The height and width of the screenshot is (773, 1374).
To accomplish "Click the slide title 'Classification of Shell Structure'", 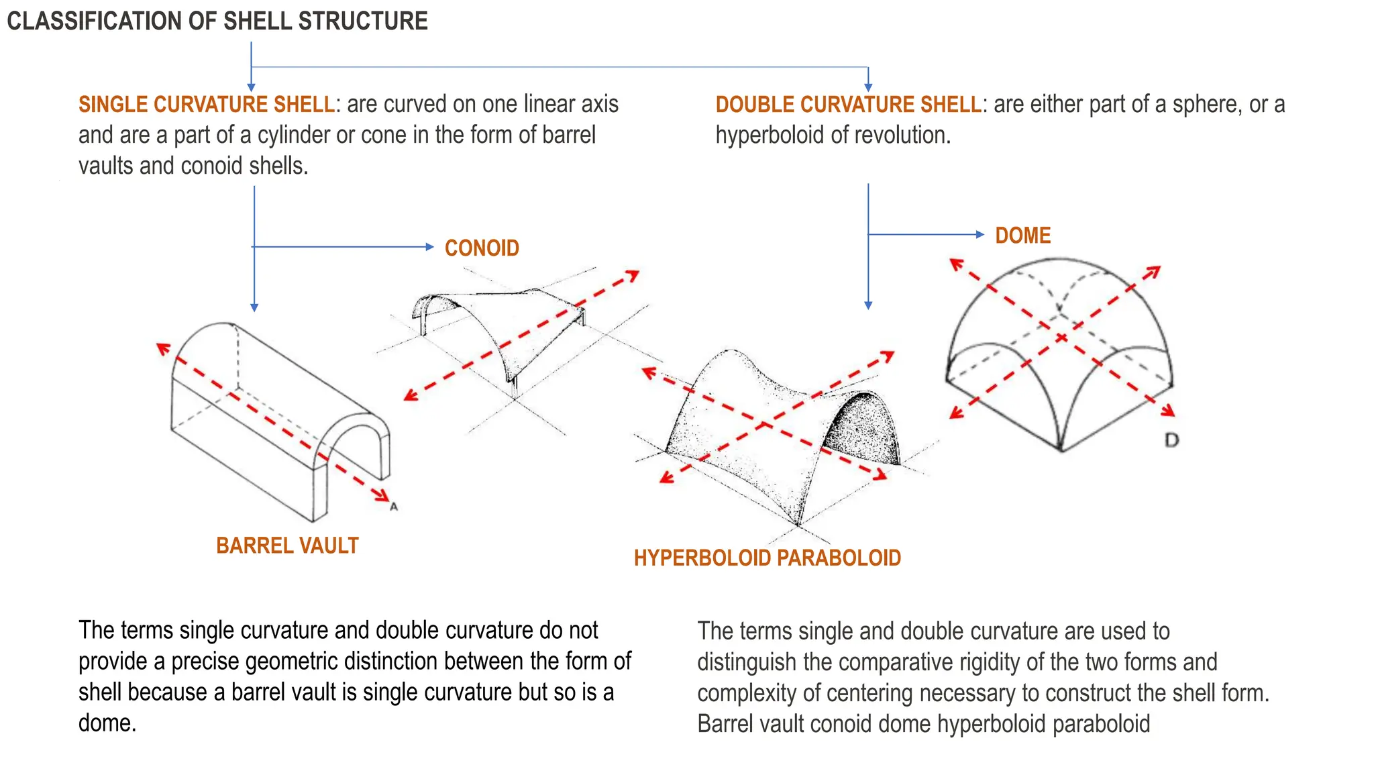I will click(x=217, y=21).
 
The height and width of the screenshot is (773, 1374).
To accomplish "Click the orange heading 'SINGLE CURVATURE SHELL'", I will click(x=207, y=105).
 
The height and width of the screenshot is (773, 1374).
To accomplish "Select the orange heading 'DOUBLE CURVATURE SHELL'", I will click(x=848, y=105).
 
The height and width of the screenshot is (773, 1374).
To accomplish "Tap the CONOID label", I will click(x=482, y=248).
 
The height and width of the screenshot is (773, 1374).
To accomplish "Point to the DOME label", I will click(x=1022, y=236).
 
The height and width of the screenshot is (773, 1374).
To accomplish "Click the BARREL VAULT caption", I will click(x=287, y=546).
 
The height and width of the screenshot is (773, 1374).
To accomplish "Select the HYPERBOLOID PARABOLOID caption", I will click(x=767, y=558).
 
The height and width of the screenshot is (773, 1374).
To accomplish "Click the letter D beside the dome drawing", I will click(x=1171, y=440).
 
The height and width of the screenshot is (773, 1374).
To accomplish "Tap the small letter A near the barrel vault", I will click(x=394, y=507).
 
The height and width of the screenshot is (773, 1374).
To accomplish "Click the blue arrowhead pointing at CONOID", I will click(x=430, y=247).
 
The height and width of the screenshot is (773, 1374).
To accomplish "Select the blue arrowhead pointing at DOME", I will click(x=980, y=234).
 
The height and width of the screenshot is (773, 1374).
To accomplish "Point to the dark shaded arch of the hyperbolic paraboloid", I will click(x=862, y=429).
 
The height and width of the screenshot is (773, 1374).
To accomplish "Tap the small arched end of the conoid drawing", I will click(x=426, y=309).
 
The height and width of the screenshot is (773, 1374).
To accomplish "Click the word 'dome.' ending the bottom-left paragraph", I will click(x=107, y=723).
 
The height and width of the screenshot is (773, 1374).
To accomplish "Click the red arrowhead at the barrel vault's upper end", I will click(x=162, y=348).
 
